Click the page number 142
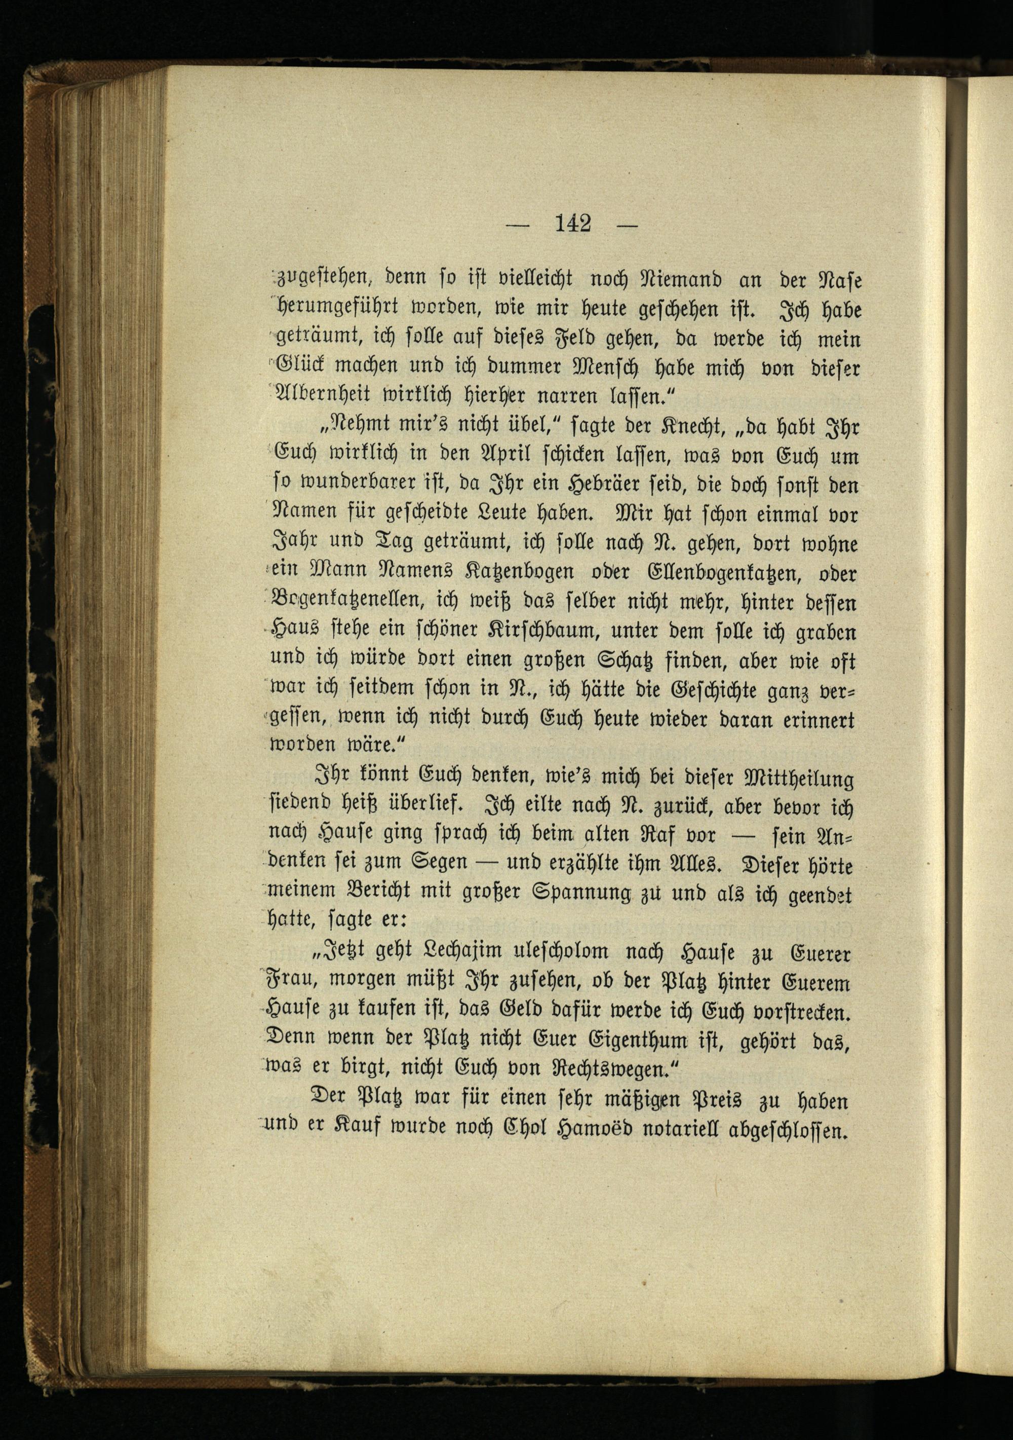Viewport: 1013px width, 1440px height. (x=573, y=224)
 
